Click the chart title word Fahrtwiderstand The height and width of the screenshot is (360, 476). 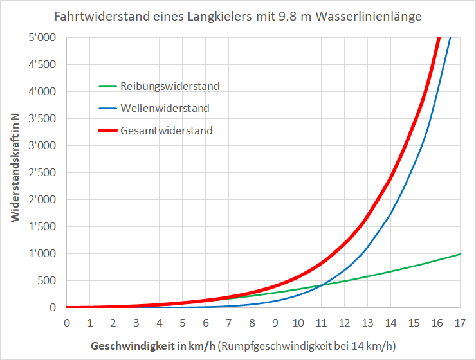click(x=95, y=16)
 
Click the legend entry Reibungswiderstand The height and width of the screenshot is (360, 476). click(x=170, y=86)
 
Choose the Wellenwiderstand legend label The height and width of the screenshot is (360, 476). click(x=165, y=108)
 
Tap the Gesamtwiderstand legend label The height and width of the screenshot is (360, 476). click(x=166, y=130)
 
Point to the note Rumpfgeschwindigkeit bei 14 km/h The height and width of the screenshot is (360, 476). click(x=308, y=345)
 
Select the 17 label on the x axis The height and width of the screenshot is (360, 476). click(x=461, y=321)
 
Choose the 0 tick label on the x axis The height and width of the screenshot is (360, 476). click(x=67, y=321)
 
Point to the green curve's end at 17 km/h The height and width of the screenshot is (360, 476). click(x=460, y=254)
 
